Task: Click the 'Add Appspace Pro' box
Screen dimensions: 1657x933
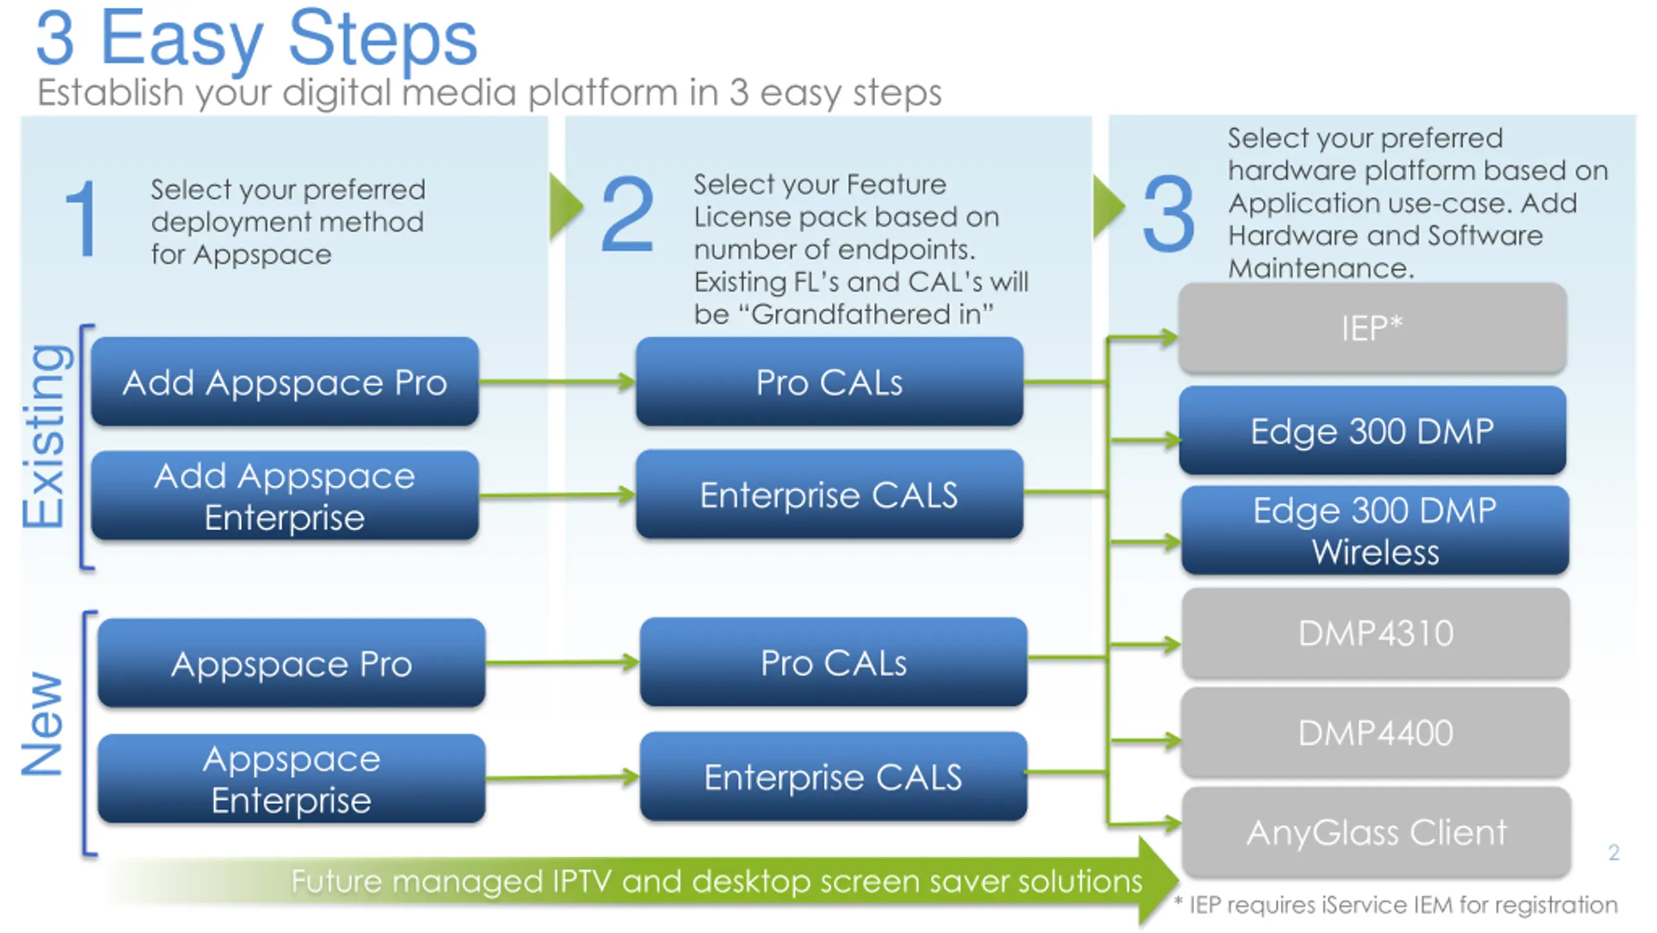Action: [285, 381]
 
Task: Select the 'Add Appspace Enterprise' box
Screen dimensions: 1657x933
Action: [285, 495]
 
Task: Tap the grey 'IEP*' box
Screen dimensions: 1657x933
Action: [1372, 328]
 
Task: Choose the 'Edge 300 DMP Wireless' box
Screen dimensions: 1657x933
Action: [1375, 530]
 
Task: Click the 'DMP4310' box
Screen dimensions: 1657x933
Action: [1376, 633]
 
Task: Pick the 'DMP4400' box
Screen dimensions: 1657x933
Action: [1376, 733]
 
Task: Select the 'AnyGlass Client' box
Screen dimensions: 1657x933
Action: [1377, 833]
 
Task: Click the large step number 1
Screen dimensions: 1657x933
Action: [83, 219]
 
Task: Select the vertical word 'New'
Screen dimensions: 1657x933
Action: [43, 724]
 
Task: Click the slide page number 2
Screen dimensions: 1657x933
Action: [1614, 852]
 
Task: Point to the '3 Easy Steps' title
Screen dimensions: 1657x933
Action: [256, 39]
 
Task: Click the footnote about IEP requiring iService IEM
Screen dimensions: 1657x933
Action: [1396, 905]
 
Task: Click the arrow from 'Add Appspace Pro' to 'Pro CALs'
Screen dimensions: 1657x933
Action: [557, 381]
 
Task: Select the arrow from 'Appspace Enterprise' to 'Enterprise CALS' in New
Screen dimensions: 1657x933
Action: [562, 777]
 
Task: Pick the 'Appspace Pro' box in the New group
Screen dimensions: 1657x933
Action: [291, 663]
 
